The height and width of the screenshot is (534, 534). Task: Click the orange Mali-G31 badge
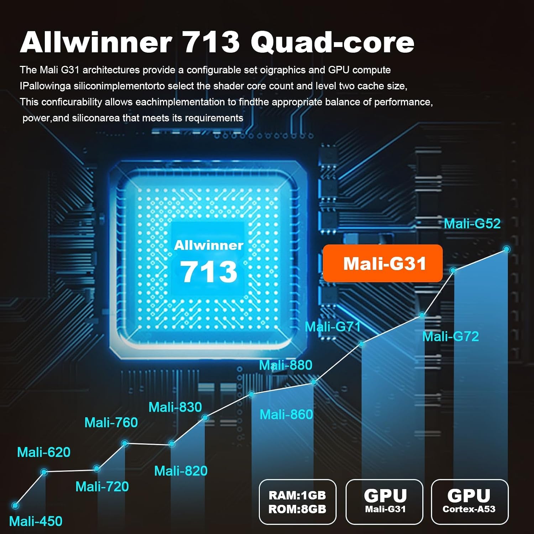pyautogui.click(x=383, y=263)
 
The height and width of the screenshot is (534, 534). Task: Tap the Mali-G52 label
pyautogui.click(x=472, y=224)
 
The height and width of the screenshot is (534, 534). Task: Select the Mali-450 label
pyautogui.click(x=36, y=521)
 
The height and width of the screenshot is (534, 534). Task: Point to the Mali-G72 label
pyautogui.click(x=450, y=336)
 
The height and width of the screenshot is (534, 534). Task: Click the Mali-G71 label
pyautogui.click(x=333, y=326)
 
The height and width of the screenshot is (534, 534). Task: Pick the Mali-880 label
pyautogui.click(x=286, y=365)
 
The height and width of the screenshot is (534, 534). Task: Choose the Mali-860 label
pyautogui.click(x=286, y=414)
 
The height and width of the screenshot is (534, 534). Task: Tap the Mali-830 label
pyautogui.click(x=175, y=407)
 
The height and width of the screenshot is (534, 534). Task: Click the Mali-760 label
pyautogui.click(x=111, y=422)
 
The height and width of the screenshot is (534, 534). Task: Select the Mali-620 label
pyautogui.click(x=44, y=452)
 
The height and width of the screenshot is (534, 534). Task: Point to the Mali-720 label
pyautogui.click(x=102, y=486)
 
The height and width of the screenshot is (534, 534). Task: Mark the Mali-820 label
pyautogui.click(x=181, y=471)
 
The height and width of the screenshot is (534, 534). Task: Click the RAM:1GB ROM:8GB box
pyautogui.click(x=298, y=502)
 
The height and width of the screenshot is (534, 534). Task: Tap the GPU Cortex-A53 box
pyautogui.click(x=470, y=502)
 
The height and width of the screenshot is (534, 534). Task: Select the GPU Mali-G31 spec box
pyautogui.click(x=384, y=502)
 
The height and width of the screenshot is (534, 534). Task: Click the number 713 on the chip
pyautogui.click(x=209, y=271)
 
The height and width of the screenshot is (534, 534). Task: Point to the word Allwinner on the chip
pyautogui.click(x=209, y=245)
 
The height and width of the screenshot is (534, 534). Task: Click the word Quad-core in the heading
pyautogui.click(x=333, y=42)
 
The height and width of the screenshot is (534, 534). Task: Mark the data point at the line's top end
pyautogui.click(x=507, y=249)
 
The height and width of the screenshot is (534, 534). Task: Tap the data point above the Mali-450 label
pyautogui.click(x=15, y=505)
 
